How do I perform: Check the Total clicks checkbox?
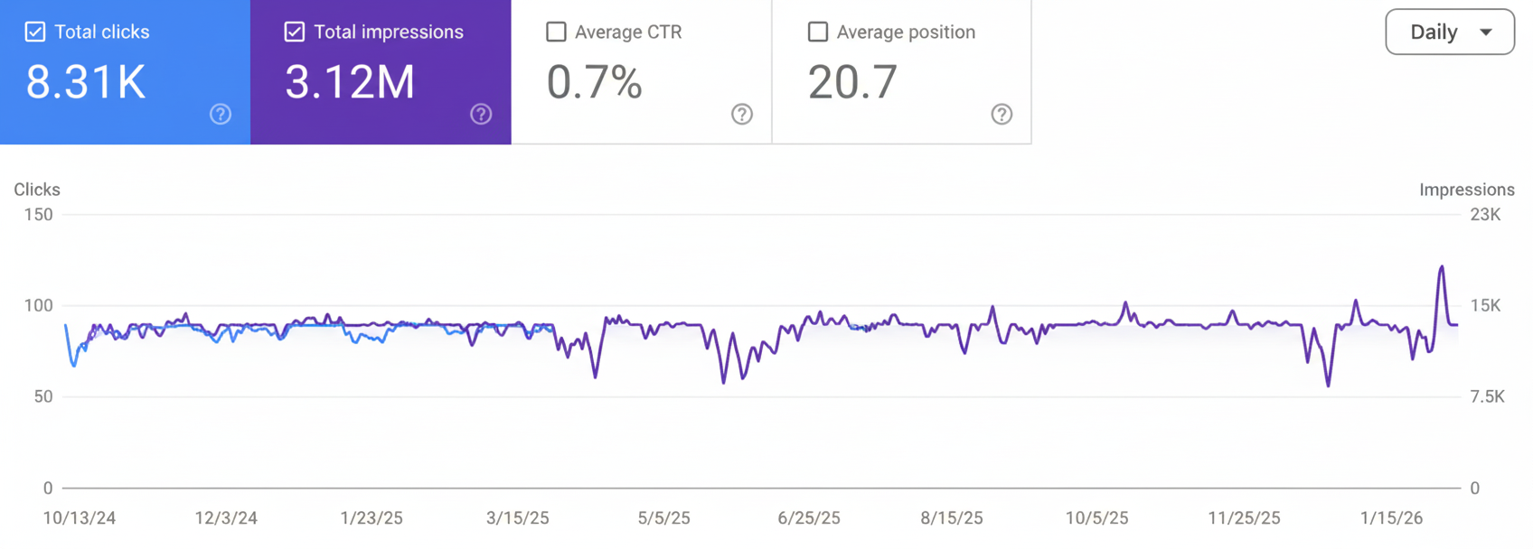point(35,32)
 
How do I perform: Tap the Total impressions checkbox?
point(295,32)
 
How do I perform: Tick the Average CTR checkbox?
point(556,32)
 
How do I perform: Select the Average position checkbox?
point(817,32)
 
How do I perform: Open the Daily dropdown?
point(1449,32)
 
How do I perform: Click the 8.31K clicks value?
point(86,82)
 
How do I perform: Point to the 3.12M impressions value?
point(350,82)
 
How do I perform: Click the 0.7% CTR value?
point(594,82)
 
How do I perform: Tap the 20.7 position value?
point(852,82)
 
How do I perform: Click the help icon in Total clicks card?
point(221,114)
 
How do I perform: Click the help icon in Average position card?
point(1002,114)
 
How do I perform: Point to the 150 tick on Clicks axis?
point(38,215)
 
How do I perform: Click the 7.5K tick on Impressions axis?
point(1487,397)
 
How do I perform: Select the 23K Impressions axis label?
point(1485,215)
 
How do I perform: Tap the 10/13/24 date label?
point(80,518)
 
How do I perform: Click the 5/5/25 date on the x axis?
point(663,518)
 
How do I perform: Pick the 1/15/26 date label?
point(1391,518)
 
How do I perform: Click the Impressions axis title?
point(1466,190)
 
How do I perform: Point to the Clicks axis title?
point(37,190)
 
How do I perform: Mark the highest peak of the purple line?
point(1442,266)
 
